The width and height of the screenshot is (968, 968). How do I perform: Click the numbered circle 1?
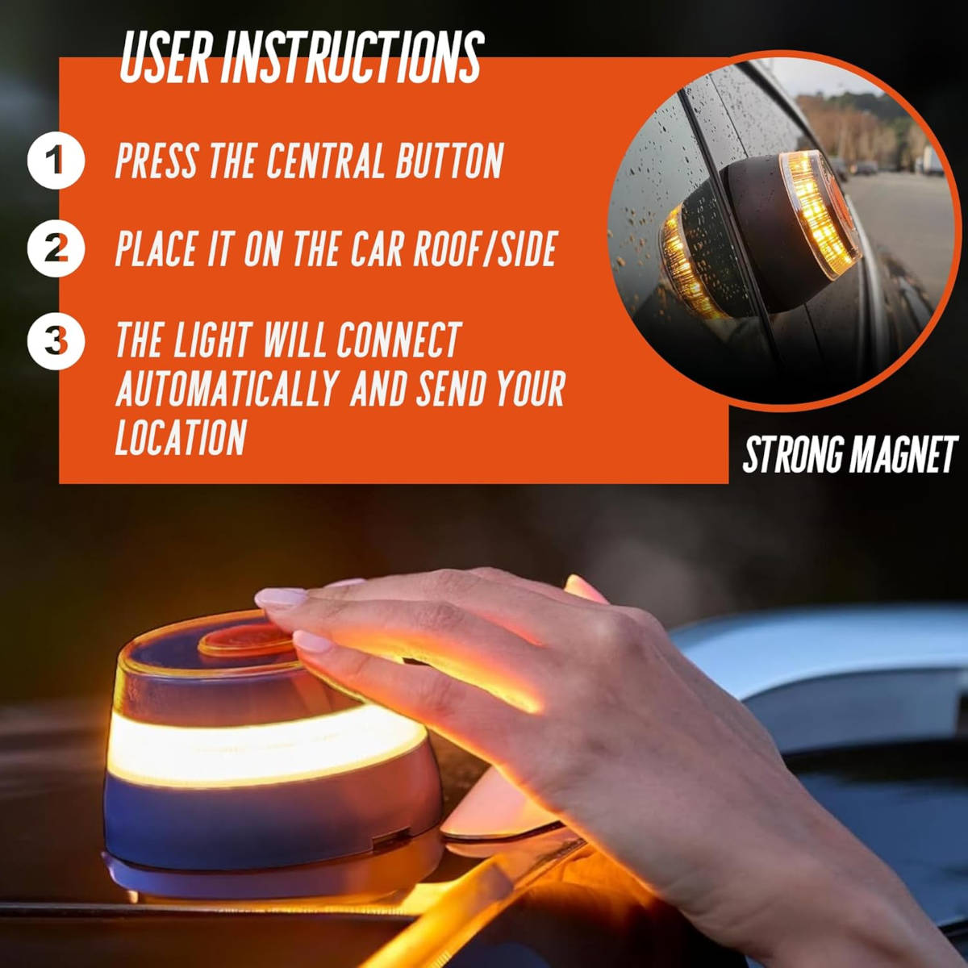[x=56, y=160]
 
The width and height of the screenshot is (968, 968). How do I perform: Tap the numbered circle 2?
[x=56, y=249]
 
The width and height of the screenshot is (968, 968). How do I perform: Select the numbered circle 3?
[x=56, y=340]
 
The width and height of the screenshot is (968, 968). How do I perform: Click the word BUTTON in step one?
[x=449, y=161]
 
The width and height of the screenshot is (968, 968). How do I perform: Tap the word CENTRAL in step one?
[x=327, y=161]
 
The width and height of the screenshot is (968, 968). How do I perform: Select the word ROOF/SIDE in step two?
[x=486, y=248]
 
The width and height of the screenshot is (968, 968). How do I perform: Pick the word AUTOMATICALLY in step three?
[x=227, y=389]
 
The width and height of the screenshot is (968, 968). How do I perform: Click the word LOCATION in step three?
[x=181, y=436]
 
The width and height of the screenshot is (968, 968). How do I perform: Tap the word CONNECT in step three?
[x=398, y=340]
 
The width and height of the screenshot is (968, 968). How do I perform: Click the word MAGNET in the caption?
[x=903, y=455]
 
